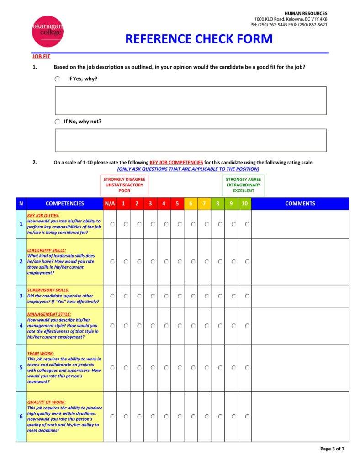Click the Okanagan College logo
(48, 31)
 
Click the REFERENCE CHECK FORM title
(199, 39)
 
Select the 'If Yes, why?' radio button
(58, 79)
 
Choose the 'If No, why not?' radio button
(58, 122)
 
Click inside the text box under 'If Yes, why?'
(191, 101)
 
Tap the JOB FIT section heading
(41, 56)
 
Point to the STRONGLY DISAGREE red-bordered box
(124, 185)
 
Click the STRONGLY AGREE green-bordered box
(243, 185)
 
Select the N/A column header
(110, 204)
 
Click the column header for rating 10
(244, 204)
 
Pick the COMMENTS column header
(300, 204)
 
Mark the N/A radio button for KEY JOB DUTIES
(112, 224)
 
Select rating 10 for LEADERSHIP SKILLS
(247, 262)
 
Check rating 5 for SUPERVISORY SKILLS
(180, 296)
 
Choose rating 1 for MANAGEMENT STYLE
(126, 326)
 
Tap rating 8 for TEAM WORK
(220, 367)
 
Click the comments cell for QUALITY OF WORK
(300, 416)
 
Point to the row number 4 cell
(21, 326)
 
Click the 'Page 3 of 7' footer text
(332, 449)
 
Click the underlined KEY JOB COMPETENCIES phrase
(176, 163)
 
